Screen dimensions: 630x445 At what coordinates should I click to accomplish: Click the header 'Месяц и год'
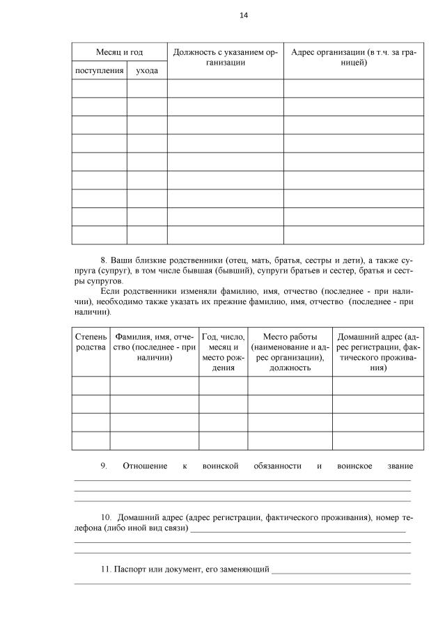[x=118, y=52]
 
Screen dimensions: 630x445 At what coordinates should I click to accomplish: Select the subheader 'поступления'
[x=99, y=70]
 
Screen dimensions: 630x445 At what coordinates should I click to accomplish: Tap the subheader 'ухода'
[x=146, y=70]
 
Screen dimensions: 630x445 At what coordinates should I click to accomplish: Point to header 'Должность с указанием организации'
[x=225, y=58]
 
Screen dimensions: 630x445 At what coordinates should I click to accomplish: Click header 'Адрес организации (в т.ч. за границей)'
[x=353, y=58]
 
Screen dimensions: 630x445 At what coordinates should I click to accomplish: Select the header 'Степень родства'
[x=91, y=342]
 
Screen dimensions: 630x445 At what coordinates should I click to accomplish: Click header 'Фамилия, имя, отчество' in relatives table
[x=154, y=347]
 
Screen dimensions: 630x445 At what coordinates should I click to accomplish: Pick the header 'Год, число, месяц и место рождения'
[x=223, y=352]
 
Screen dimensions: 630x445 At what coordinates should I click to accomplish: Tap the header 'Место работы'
[x=289, y=352]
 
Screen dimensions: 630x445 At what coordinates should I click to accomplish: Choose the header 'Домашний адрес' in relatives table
[x=377, y=352]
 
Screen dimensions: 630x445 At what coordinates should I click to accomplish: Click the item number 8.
[x=104, y=258]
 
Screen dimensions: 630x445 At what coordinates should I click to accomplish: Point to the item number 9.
[x=104, y=466]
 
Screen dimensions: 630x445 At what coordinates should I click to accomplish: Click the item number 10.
[x=106, y=518]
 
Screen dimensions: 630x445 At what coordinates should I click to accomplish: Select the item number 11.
[x=106, y=569]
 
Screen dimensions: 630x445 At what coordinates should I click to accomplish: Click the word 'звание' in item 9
[x=400, y=466]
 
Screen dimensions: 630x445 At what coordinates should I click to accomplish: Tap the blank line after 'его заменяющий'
[x=341, y=572]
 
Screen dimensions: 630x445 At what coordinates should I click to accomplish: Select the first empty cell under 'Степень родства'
[x=91, y=386]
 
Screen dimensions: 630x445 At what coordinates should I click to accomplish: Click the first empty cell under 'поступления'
[x=99, y=88]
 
